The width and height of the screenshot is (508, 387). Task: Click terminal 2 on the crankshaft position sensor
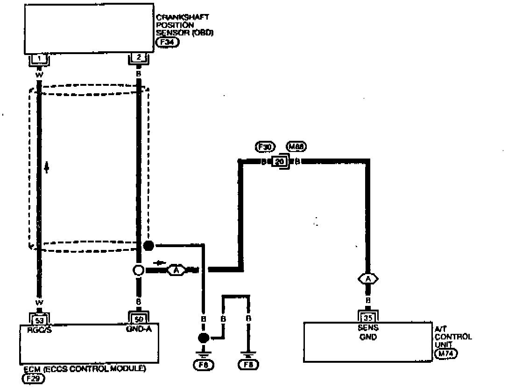coord(139,59)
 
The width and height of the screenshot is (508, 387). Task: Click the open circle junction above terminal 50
coord(139,270)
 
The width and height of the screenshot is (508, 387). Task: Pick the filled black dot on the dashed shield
coord(148,246)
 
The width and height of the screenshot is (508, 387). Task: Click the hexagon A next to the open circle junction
coord(176,270)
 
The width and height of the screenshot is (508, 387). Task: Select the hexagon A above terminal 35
coord(368,279)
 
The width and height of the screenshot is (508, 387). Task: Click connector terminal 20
coord(279,162)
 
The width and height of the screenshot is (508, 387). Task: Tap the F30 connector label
coord(266,147)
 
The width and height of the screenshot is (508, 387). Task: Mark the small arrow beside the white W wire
coord(47,167)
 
